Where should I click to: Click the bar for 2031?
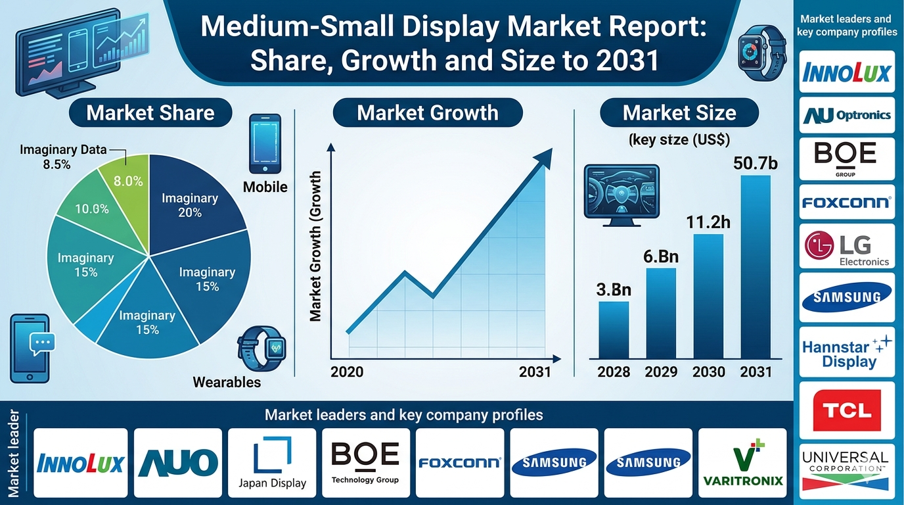(x=756, y=267)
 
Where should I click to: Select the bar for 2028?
(x=614, y=329)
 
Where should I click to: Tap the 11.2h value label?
(x=708, y=222)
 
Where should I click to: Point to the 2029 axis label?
(x=661, y=372)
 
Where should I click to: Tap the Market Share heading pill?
(x=150, y=112)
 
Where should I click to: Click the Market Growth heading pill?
(x=428, y=112)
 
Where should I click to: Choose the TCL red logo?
(x=847, y=410)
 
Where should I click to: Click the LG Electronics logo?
(x=847, y=247)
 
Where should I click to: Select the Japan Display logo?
(x=272, y=463)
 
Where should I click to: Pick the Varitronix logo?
(x=742, y=463)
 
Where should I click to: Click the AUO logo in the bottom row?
(x=178, y=463)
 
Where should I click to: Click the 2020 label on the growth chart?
(x=347, y=372)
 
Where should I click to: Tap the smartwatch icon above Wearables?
(x=261, y=349)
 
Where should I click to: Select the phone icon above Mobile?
(x=265, y=144)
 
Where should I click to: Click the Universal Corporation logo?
(x=846, y=471)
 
